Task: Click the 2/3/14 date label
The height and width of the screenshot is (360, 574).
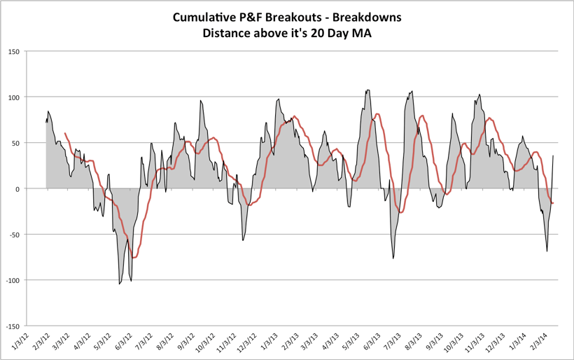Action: (x=540, y=342)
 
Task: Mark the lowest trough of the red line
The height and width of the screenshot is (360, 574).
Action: (x=134, y=258)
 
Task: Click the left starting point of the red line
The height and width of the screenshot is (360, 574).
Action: (x=65, y=133)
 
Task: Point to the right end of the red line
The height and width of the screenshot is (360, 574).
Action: (x=553, y=203)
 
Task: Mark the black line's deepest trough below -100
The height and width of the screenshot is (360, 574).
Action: (x=120, y=284)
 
